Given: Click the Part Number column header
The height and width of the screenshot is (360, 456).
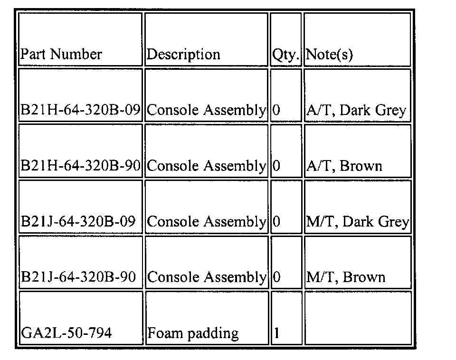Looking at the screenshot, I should click(x=61, y=54).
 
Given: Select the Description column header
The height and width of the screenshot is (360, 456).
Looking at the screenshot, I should click(x=183, y=54).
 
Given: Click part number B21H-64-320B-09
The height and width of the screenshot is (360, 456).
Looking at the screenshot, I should click(x=80, y=110).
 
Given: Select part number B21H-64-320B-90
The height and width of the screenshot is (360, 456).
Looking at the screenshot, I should click(x=80, y=166).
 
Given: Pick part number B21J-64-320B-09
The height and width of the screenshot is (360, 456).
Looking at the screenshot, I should click(x=78, y=221).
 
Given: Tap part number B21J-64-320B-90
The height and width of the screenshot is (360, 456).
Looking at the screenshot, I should click(x=78, y=277).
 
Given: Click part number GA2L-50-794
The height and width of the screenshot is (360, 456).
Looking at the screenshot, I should click(x=66, y=332).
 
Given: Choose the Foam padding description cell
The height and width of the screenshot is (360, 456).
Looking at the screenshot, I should click(x=193, y=332).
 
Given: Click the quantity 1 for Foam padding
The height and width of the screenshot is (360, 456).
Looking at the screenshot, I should click(x=277, y=332).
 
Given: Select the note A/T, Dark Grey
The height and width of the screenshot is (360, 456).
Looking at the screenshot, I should click(x=356, y=110).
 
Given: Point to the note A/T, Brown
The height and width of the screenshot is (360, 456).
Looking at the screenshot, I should click(x=344, y=166).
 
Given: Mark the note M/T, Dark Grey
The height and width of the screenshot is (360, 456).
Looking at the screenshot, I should click(x=357, y=221).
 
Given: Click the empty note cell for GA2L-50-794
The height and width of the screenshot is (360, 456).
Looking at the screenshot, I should click(x=357, y=318).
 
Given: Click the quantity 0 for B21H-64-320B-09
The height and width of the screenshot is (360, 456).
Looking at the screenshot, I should click(x=277, y=110).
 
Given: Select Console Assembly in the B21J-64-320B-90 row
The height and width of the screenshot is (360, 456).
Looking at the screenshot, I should click(x=206, y=277).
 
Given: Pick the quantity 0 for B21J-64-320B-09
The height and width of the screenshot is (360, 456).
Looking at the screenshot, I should click(x=277, y=221).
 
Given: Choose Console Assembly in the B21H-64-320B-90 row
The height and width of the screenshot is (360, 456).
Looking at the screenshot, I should click(x=206, y=166).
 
